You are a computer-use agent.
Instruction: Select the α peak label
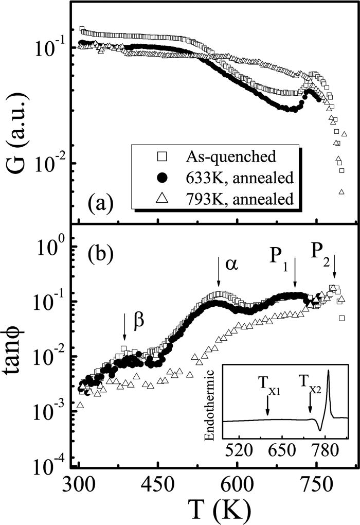[231, 264]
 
